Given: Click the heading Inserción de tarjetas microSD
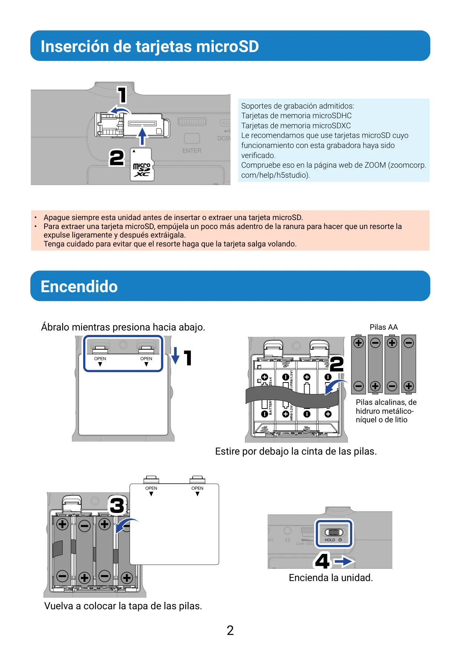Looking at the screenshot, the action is (150, 46).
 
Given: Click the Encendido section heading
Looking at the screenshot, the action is (79, 287).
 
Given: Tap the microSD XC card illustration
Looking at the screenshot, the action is (142, 165).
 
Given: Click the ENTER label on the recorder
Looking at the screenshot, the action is (192, 151).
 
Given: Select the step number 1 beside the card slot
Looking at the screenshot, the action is (122, 94).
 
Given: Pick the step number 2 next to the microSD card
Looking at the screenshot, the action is (117, 158).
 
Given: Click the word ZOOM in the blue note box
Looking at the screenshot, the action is (375, 165).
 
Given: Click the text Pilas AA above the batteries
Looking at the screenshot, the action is (383, 327).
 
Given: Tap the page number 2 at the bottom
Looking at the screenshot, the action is (230, 630).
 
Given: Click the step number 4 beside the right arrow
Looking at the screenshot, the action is (322, 561).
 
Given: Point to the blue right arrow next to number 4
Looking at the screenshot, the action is (344, 561).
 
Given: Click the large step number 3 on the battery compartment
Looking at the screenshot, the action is (117, 506).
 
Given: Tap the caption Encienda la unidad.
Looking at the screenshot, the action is (331, 578).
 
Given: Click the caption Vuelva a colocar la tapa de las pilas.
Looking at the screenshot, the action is (123, 606).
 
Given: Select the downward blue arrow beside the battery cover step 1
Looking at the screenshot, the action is (175, 356).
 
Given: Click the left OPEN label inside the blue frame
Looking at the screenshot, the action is (100, 359).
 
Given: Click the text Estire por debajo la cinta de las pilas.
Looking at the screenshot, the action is (296, 451).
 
